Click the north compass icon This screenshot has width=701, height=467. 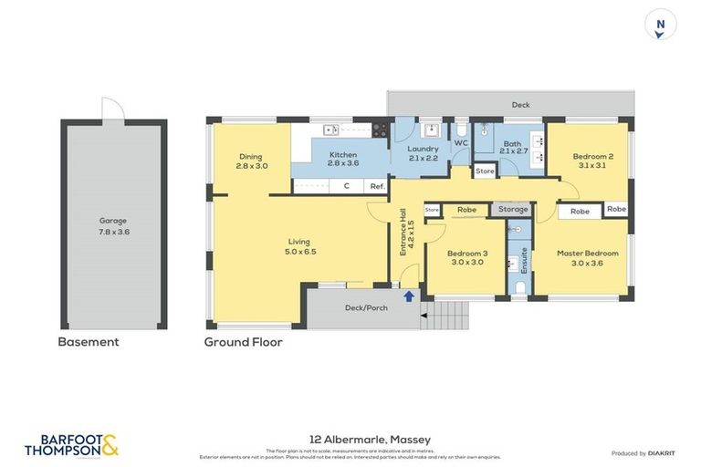coord(661,25)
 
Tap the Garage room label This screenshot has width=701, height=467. coord(113,225)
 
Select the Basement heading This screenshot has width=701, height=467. coord(89,342)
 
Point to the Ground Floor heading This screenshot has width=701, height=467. coord(243,342)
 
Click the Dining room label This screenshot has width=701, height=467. coord(251,161)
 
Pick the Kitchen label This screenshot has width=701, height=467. coord(343,161)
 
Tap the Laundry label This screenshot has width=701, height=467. coord(423,153)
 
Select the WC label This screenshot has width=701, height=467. coord(461,143)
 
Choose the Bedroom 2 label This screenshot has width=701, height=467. coord(592,161)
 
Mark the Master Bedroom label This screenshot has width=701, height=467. coord(588,258)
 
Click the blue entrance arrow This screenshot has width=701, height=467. coord(408,296)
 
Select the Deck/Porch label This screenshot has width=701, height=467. coord(365,307)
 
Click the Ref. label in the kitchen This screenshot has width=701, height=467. coord(376,186)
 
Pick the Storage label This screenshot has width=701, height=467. coord(513,210)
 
